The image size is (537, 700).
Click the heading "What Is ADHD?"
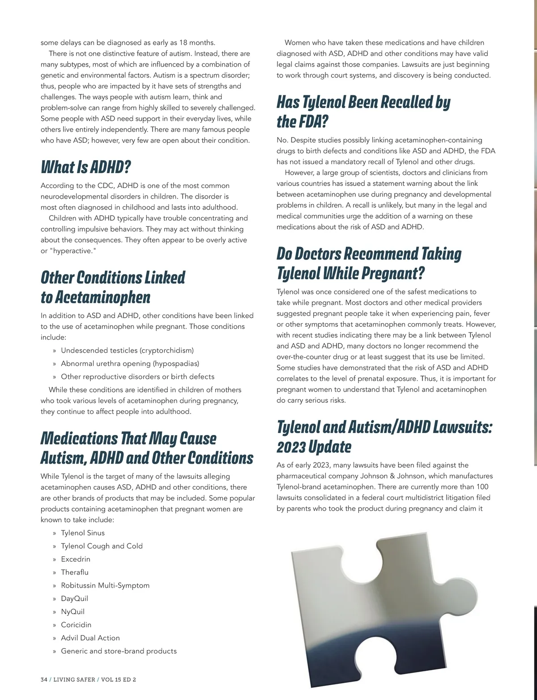[x=85, y=167]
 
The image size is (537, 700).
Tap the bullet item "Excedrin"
[x=76, y=559]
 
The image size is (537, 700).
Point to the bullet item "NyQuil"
[x=72, y=612]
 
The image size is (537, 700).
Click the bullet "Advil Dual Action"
[x=90, y=638]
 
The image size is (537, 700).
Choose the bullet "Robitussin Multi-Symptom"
[x=105, y=585]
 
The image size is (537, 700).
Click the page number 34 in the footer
[x=44, y=679]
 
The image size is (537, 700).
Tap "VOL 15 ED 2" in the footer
[x=119, y=679]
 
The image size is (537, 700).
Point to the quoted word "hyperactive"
[x=72, y=251]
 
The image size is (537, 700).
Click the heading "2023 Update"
[x=314, y=447]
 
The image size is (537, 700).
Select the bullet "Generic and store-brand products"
[x=119, y=651]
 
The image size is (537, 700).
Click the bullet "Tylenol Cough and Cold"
[x=102, y=546]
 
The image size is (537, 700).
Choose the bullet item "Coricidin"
[x=76, y=625]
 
